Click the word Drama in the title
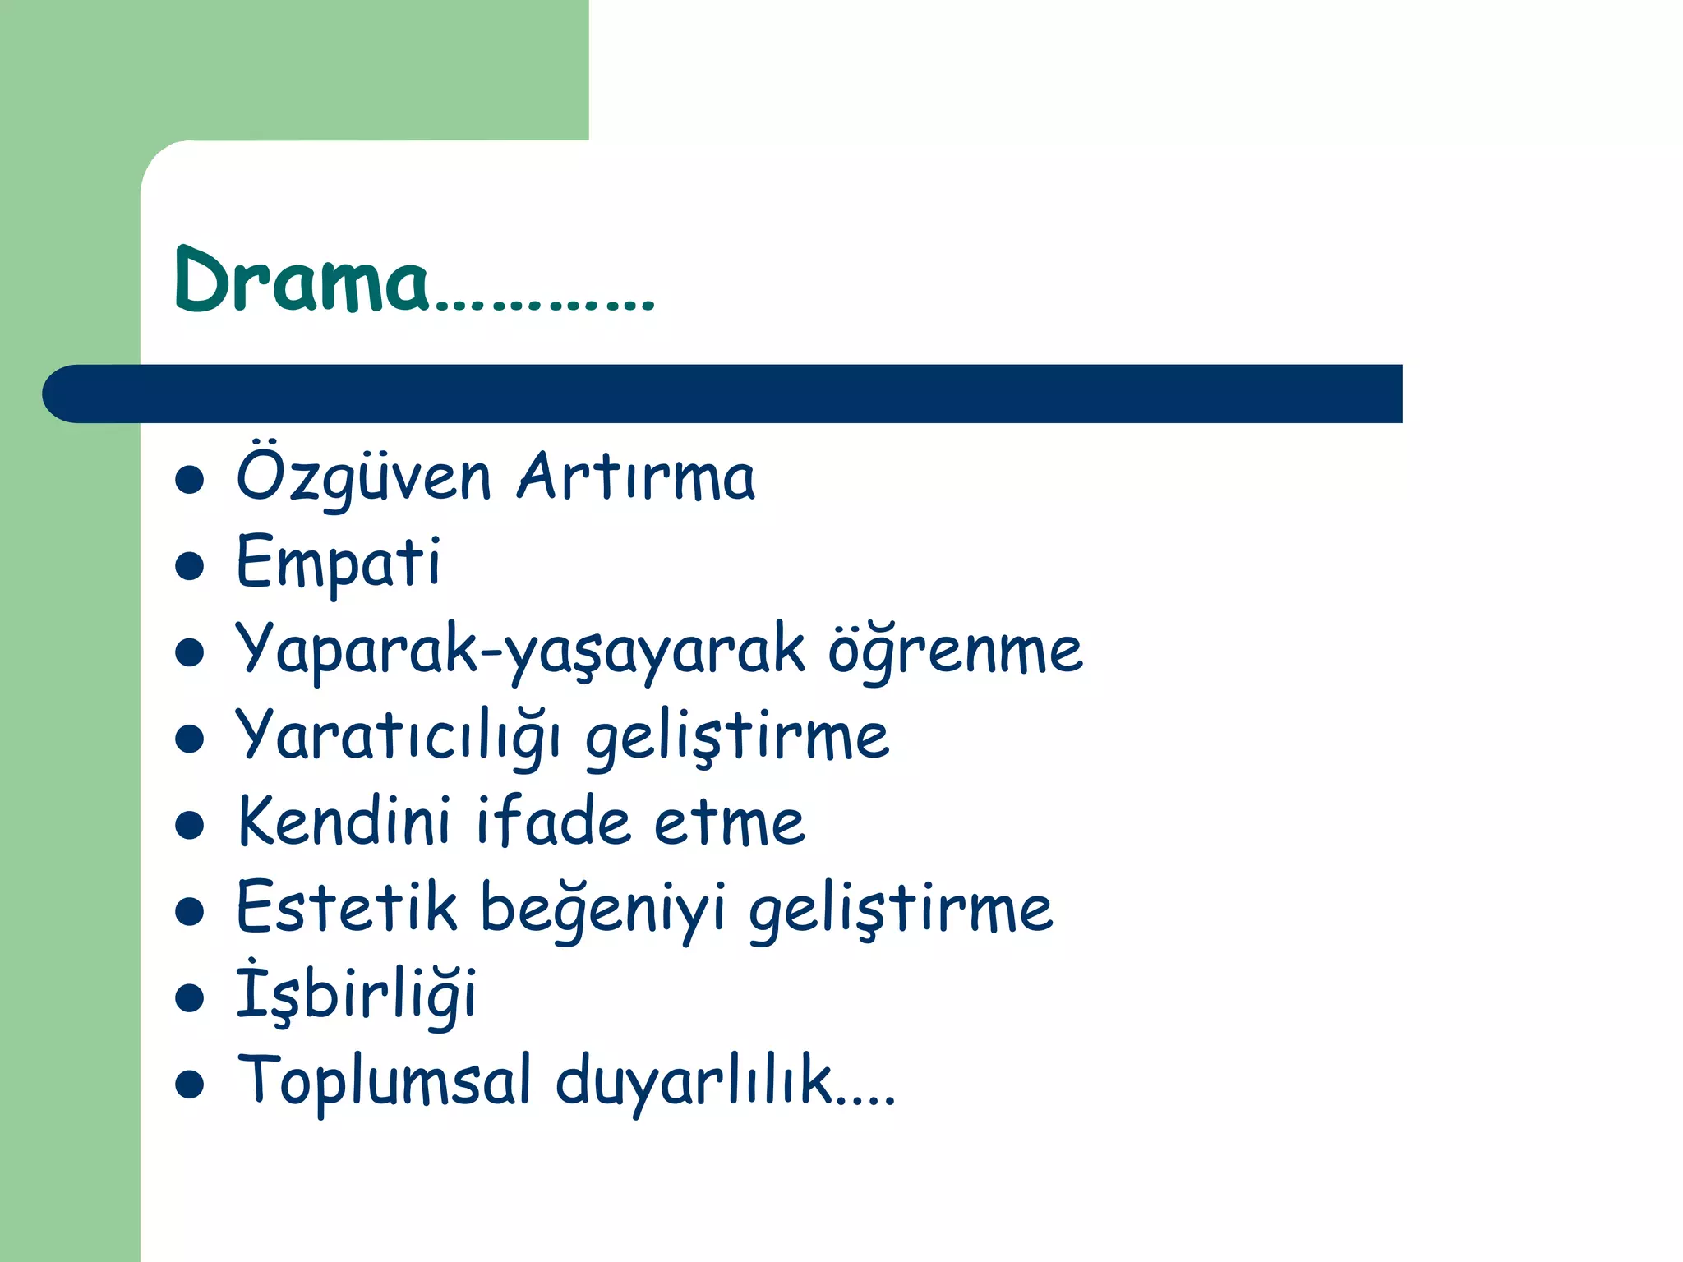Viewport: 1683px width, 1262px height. (x=301, y=281)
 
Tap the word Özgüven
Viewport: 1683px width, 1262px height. (x=363, y=477)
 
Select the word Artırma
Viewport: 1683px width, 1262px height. (x=635, y=477)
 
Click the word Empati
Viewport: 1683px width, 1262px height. (x=338, y=564)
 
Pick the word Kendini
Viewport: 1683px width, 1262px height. (x=344, y=822)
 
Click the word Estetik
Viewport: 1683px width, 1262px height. (x=346, y=909)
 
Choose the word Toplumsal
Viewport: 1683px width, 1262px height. (x=384, y=1081)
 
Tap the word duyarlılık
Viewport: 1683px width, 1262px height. (x=695, y=1081)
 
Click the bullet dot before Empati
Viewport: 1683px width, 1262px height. (x=190, y=566)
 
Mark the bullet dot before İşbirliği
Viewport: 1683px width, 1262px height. (x=190, y=998)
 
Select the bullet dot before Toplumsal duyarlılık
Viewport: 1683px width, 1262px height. (x=190, y=1085)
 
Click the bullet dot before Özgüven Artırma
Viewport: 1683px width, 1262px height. (x=190, y=480)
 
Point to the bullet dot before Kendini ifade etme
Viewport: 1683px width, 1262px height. (x=190, y=825)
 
